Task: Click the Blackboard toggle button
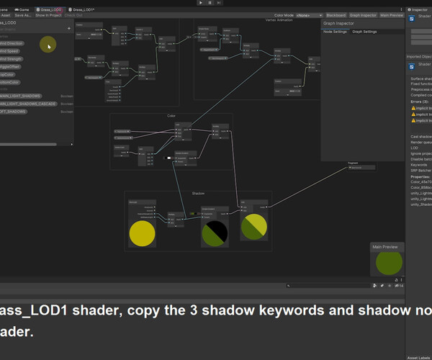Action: coord(336,14)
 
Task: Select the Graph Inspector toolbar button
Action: coord(364,14)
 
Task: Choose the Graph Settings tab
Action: coord(364,32)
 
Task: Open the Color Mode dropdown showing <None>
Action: coord(309,14)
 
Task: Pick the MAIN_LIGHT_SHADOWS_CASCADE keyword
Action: coord(27,104)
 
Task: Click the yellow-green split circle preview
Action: coord(253,227)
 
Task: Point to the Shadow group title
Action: coord(198,194)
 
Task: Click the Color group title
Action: coord(171,116)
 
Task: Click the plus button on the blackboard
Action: coord(69,28)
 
